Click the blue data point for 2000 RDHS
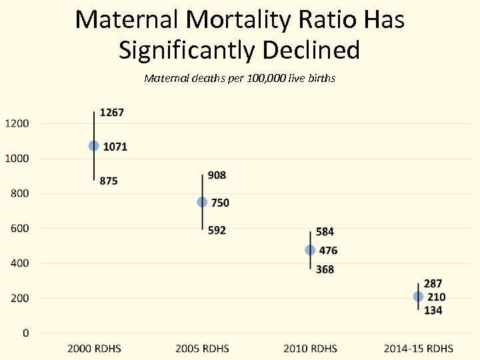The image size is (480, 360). point(94,145)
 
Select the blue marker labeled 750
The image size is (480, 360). point(202,202)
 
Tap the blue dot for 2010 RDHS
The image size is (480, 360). point(310,250)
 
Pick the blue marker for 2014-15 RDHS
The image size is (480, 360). point(418,297)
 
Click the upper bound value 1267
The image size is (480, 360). point(111,113)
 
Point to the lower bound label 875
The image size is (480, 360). point(108,181)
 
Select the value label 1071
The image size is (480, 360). point(115,147)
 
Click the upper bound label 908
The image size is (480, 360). point(217,175)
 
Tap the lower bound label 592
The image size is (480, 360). point(217,230)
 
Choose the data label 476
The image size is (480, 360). point(328,251)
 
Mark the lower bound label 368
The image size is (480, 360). point(325,269)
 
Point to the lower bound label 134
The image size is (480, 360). point(433,310)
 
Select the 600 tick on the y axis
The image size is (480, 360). point(19,228)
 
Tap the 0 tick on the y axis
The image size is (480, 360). point(26,333)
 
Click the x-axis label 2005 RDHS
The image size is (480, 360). point(202,349)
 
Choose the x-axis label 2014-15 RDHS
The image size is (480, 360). point(418,349)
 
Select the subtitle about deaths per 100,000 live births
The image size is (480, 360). point(239,79)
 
